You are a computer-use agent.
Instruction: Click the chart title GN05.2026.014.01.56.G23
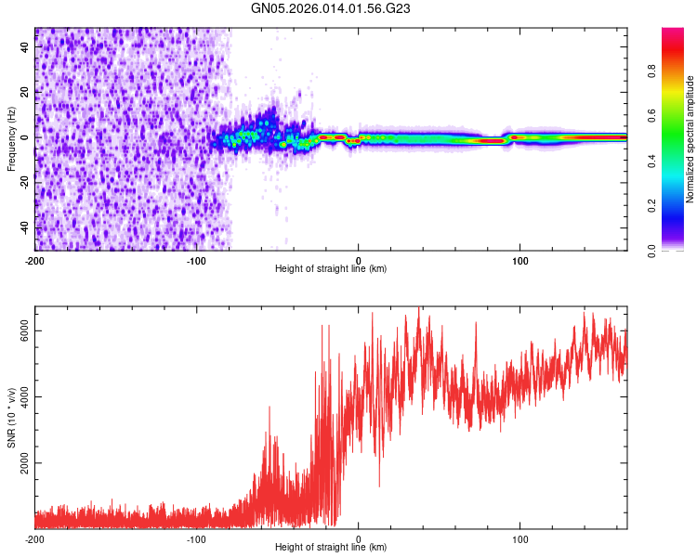point(332,8)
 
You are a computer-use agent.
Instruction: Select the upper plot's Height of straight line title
point(331,269)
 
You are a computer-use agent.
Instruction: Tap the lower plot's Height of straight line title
point(331,547)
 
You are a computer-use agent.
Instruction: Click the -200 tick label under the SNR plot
point(34,538)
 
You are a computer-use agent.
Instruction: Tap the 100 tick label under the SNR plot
point(520,538)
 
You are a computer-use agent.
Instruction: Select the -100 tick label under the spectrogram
point(196,261)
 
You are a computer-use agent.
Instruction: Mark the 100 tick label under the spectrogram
point(520,261)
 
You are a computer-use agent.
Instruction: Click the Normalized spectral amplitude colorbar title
point(690,139)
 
